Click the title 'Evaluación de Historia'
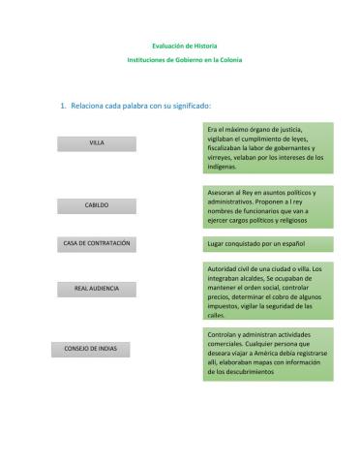coord(185,46)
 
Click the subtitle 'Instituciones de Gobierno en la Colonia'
coord(185,60)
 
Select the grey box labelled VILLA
coord(97,142)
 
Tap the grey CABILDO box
coord(97,205)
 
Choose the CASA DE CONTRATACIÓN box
coord(97,242)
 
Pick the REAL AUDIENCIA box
coord(97,289)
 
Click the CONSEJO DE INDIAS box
coord(90,349)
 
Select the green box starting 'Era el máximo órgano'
coord(268,147)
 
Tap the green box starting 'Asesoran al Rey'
coord(268,206)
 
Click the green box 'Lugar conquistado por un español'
coord(268,244)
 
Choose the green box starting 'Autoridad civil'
coord(268,291)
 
